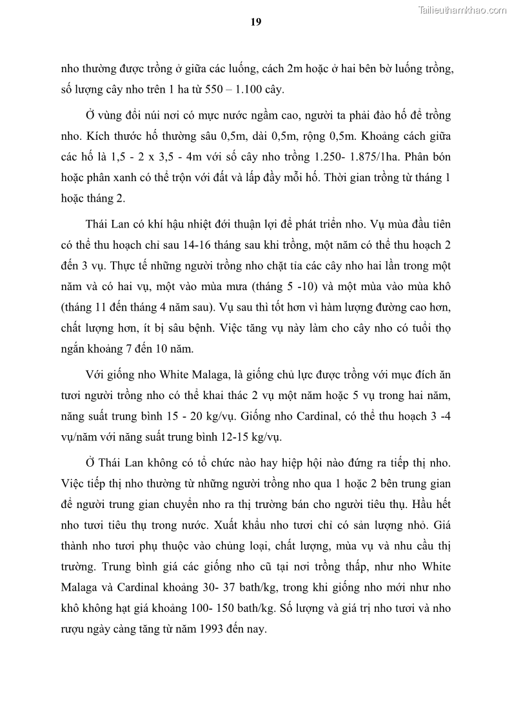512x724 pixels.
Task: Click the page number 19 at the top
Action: pyautogui.click(x=255, y=22)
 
